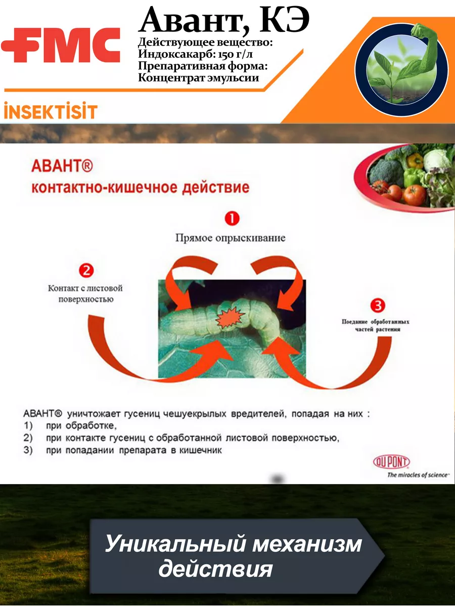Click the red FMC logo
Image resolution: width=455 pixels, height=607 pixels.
pos(61,45)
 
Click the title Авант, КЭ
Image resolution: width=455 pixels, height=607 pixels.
pos(224,21)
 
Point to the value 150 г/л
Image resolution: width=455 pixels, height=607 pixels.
pos(236,55)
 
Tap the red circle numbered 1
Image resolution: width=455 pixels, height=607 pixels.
pos(232,219)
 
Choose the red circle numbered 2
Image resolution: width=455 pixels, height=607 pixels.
pos(86,270)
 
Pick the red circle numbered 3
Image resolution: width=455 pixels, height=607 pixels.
pos(378,306)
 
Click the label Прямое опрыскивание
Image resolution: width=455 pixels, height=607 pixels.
pos(231,238)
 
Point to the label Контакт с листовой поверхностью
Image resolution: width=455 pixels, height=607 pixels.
pos(85,294)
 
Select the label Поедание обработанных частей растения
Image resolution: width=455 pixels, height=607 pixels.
pos(376,325)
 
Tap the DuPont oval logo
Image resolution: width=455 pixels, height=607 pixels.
pos(391,461)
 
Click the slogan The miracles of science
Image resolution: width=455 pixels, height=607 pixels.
pos(418,475)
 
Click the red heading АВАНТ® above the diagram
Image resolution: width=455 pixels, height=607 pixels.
pos(62,166)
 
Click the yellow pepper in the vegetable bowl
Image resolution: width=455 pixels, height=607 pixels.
pos(415,161)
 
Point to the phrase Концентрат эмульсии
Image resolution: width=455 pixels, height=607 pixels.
pos(198,78)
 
